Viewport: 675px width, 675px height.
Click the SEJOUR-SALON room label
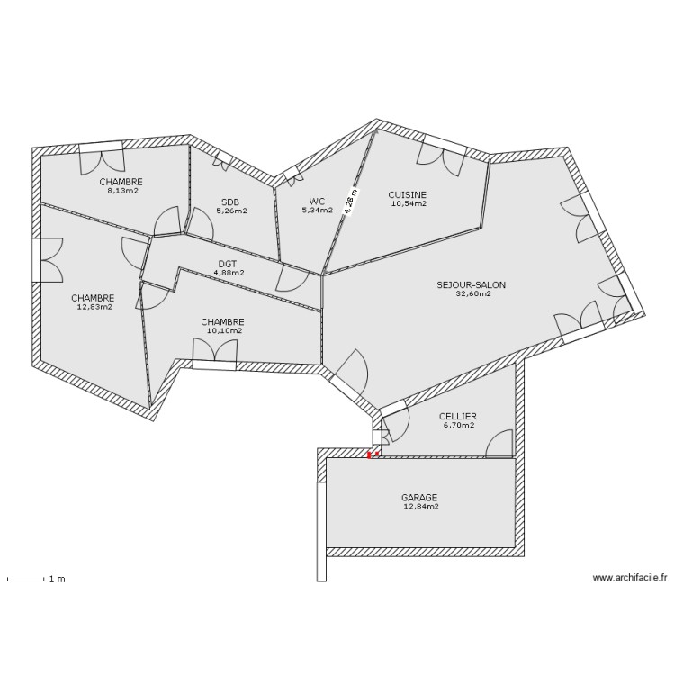(471, 284)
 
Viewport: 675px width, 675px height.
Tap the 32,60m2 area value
(472, 293)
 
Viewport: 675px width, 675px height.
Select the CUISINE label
(408, 194)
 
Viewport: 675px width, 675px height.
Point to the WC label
(317, 202)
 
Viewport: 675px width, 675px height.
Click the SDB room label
(230, 202)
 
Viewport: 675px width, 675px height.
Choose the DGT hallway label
(228, 264)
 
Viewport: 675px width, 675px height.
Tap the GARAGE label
(419, 497)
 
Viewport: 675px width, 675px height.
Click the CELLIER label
(458, 416)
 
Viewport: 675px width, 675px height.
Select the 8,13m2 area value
(123, 191)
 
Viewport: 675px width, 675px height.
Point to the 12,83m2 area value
(94, 307)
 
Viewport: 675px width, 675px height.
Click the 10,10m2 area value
(223, 330)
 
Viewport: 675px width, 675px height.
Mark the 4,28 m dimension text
(351, 200)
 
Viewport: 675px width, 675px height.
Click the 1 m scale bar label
(57, 579)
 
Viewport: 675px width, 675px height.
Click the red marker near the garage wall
(369, 454)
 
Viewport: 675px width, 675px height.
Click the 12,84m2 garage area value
(420, 507)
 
